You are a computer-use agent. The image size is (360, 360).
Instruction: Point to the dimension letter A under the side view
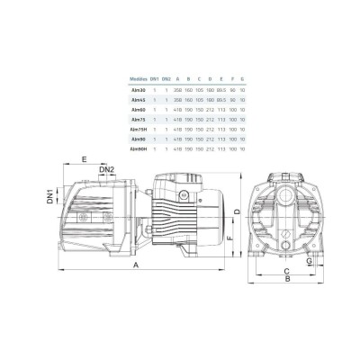136,267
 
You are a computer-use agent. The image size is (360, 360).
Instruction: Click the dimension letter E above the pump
83,159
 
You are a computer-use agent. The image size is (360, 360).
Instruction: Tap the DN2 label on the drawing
105,169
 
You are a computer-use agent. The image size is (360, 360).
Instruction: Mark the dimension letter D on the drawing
237,211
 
